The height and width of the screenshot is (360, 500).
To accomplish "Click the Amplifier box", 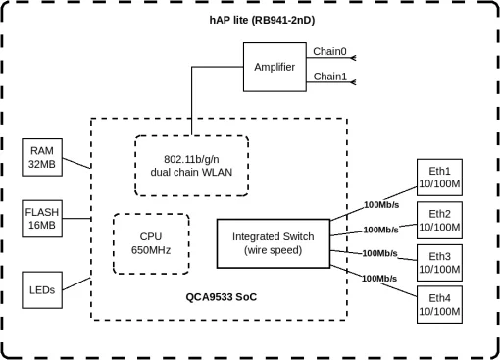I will [x=274, y=67].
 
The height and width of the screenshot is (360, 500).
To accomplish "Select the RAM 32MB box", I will [x=42, y=157].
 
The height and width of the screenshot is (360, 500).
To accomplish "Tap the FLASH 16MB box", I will [x=42, y=219].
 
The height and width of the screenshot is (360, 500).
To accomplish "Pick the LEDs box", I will [x=42, y=290].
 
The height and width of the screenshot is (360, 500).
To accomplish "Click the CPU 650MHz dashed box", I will [x=151, y=241].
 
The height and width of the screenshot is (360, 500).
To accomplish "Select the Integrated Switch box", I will [x=273, y=243].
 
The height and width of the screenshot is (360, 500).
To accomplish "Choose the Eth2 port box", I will [x=439, y=221].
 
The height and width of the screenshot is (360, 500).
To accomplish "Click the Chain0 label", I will [x=329, y=51].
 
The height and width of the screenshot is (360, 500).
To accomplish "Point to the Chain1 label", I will [x=329, y=76].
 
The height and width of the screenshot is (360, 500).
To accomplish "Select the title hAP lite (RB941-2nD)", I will [x=250, y=18].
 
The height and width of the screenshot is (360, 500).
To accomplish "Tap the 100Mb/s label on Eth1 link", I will [x=380, y=205].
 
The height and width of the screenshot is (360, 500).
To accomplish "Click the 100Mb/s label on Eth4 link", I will [x=380, y=279].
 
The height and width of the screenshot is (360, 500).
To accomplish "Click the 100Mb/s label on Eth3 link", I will [x=380, y=253].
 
